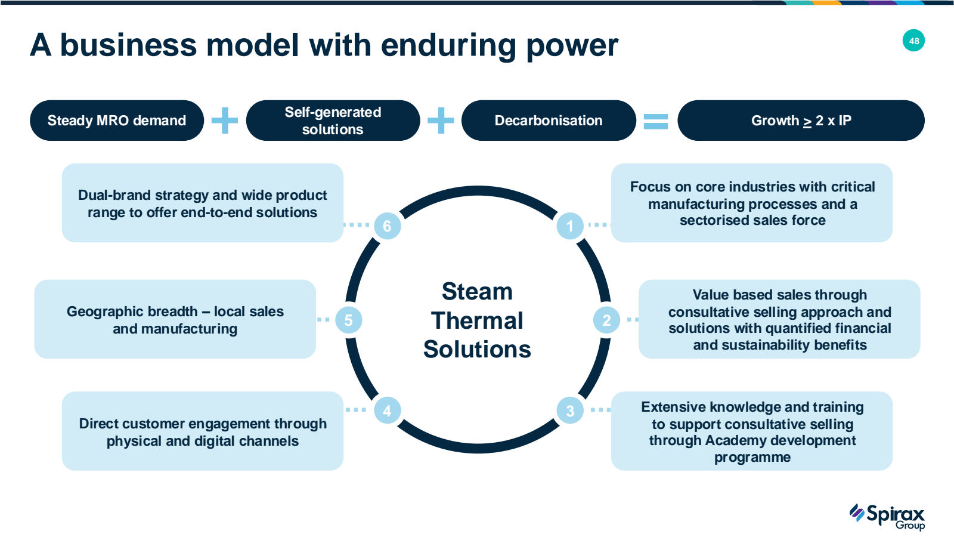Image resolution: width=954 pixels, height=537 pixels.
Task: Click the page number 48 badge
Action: click(913, 41)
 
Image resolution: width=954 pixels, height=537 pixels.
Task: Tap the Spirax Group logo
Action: click(887, 516)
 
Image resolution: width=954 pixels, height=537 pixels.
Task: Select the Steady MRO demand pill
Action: click(117, 121)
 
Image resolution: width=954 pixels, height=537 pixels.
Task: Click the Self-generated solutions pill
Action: click(333, 121)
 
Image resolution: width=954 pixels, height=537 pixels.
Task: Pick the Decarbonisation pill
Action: click(549, 121)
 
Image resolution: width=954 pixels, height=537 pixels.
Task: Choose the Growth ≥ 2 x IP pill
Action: click(801, 121)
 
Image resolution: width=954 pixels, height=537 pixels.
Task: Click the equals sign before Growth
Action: click(656, 121)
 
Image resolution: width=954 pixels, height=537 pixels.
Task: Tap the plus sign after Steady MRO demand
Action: click(225, 121)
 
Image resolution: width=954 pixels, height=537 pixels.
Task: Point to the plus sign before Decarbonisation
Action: click(441, 121)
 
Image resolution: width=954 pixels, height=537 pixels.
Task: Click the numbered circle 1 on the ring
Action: click(570, 226)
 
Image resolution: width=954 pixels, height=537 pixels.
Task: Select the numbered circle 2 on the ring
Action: click(606, 320)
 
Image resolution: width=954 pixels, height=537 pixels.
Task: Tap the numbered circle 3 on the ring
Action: click(570, 411)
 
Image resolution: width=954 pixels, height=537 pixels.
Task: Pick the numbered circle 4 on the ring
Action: click(387, 411)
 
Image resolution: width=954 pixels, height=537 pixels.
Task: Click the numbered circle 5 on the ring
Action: click(348, 320)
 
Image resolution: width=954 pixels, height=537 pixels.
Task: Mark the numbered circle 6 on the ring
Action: click(387, 226)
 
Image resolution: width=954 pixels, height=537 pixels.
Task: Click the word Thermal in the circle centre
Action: click(477, 321)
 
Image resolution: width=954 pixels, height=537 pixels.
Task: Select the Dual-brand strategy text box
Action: click(203, 203)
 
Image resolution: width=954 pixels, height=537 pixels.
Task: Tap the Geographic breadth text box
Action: click(175, 319)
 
